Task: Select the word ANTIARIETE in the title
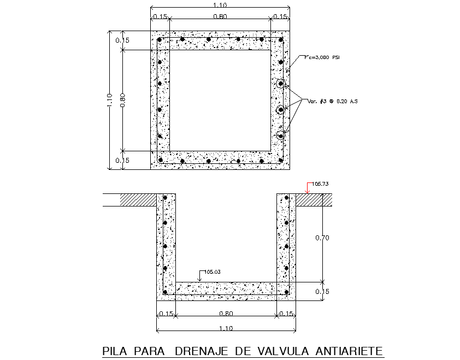point(348,351)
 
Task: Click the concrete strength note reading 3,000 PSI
point(322,57)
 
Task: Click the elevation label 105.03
point(211,271)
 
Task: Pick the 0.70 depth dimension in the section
point(323,238)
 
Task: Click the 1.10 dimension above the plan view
point(220,4)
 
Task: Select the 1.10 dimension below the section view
point(226,328)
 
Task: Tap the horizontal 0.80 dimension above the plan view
point(220,16)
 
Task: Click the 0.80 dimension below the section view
point(226,314)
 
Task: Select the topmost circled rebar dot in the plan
point(280,84)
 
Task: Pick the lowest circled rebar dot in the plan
point(280,134)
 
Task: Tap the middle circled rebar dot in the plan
point(280,110)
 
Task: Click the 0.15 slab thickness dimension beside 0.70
point(323,291)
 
